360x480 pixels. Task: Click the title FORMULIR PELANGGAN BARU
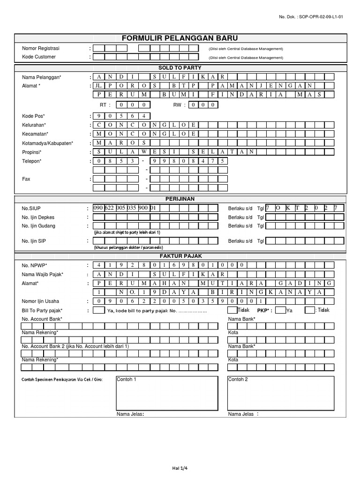tap(180, 38)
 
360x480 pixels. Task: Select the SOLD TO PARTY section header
tap(180, 67)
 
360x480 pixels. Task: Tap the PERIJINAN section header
tap(180, 199)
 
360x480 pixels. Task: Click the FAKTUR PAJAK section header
tap(180, 256)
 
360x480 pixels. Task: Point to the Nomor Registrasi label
tap(41, 48)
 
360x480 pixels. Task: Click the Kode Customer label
tap(39, 57)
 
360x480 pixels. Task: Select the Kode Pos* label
tap(33, 116)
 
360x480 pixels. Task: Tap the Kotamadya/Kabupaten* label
tap(47, 143)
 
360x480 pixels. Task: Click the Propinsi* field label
tap(32, 152)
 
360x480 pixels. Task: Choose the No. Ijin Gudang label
tap(38, 225)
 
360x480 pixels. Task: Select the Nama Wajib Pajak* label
tap(43, 274)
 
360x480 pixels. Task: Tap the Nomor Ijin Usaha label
tap(41, 301)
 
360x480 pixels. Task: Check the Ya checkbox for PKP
tap(280, 310)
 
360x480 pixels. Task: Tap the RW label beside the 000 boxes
tap(177, 105)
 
